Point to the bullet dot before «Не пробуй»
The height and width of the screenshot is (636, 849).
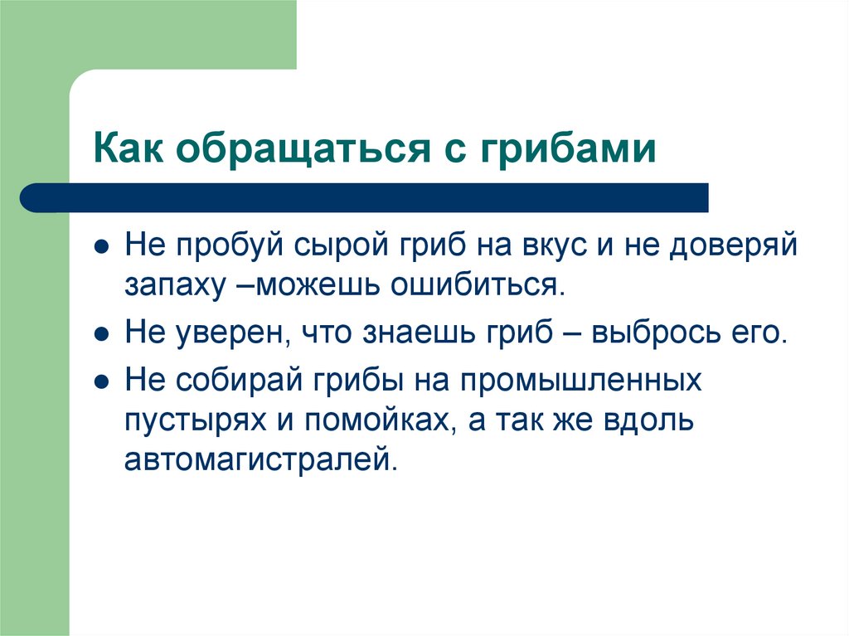[x=100, y=248]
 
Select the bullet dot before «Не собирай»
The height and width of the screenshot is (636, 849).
[x=100, y=383]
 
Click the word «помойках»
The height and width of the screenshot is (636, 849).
[x=377, y=420]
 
